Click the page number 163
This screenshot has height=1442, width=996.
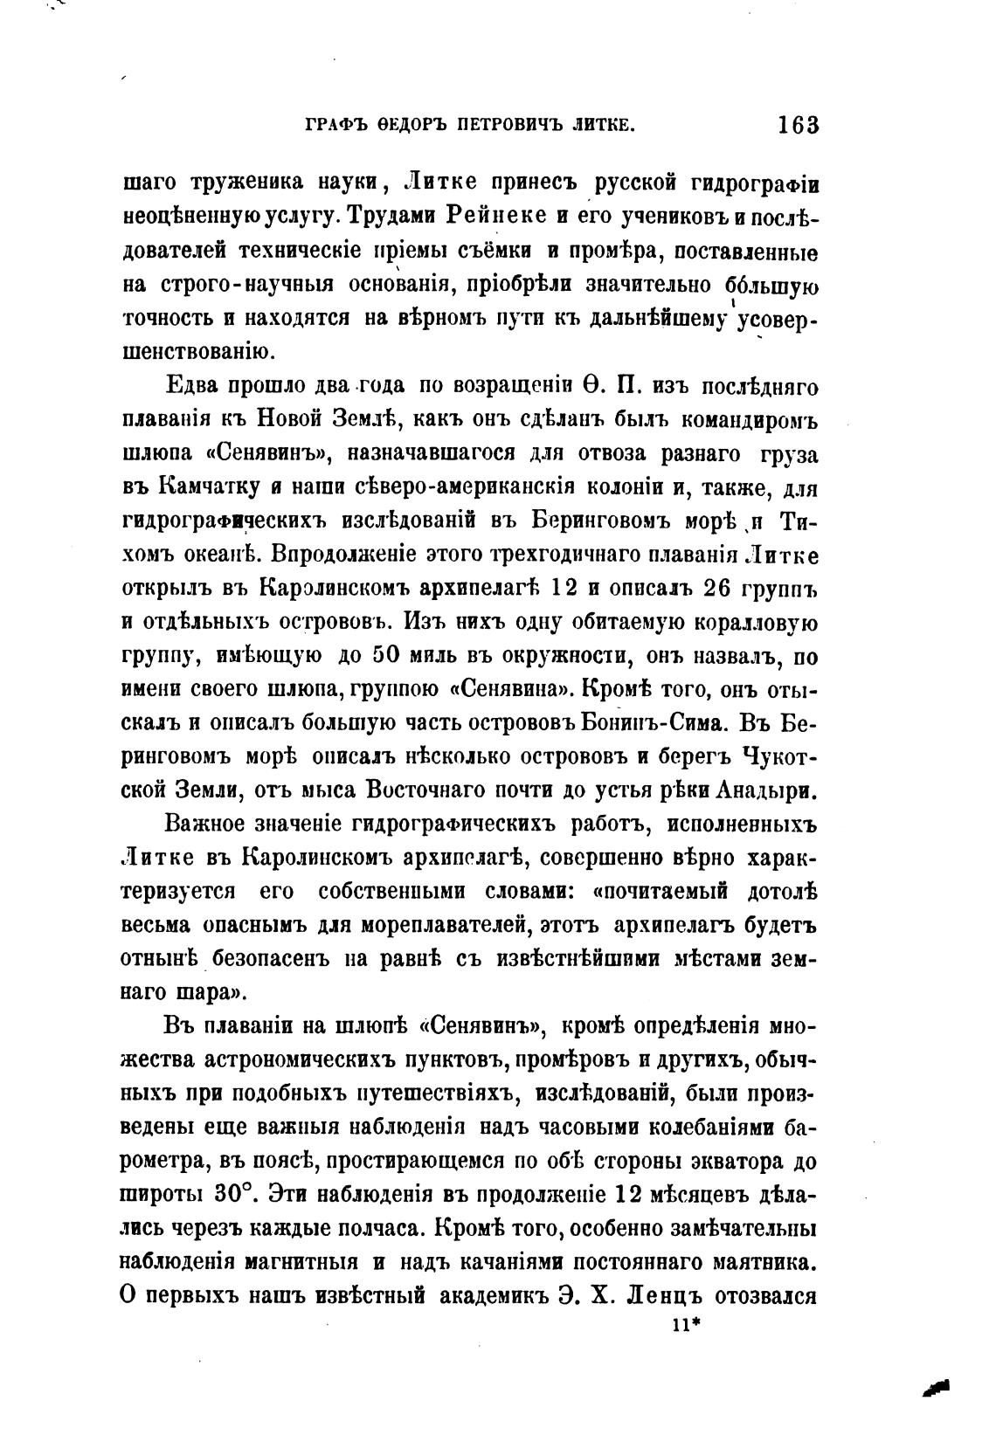[797, 125]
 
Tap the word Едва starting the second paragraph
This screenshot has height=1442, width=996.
[192, 386]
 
